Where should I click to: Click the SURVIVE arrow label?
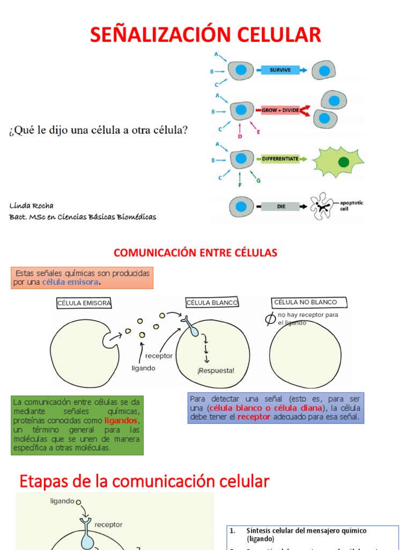tap(280, 70)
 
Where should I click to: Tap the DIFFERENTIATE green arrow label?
tap(279, 159)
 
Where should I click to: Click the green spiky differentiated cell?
tap(337, 161)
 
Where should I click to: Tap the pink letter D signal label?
tap(240, 136)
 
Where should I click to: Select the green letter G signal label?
tap(258, 181)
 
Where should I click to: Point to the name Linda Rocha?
tap(31, 206)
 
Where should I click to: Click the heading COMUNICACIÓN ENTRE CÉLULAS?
tap(195, 252)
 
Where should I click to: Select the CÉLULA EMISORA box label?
tap(84, 303)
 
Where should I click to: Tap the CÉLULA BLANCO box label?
tap(212, 303)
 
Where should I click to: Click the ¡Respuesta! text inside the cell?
tap(216, 370)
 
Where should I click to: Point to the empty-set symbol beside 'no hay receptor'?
tap(271, 319)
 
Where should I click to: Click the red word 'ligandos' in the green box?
tap(121, 420)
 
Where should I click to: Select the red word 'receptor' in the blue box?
tap(254, 417)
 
